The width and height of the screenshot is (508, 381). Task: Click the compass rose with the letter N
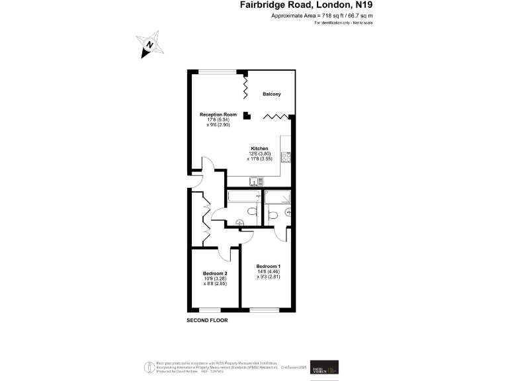click(150, 44)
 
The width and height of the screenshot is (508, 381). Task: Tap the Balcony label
click(272, 95)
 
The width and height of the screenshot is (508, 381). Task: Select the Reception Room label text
click(218, 114)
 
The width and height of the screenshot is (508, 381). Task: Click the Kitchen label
click(259, 148)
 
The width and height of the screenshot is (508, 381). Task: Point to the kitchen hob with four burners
click(286, 157)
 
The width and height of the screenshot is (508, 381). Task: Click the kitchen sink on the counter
click(256, 181)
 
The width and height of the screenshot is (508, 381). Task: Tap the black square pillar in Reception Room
click(247, 116)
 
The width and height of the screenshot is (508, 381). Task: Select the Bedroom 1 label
click(269, 266)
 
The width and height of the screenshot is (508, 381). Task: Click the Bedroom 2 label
click(215, 274)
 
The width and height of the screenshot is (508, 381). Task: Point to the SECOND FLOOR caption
click(208, 319)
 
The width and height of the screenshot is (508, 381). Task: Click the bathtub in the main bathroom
click(242, 197)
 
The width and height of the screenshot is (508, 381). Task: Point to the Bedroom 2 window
click(210, 309)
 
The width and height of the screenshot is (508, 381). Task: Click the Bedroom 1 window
click(268, 309)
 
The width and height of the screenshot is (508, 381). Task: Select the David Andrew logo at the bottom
click(329, 366)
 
